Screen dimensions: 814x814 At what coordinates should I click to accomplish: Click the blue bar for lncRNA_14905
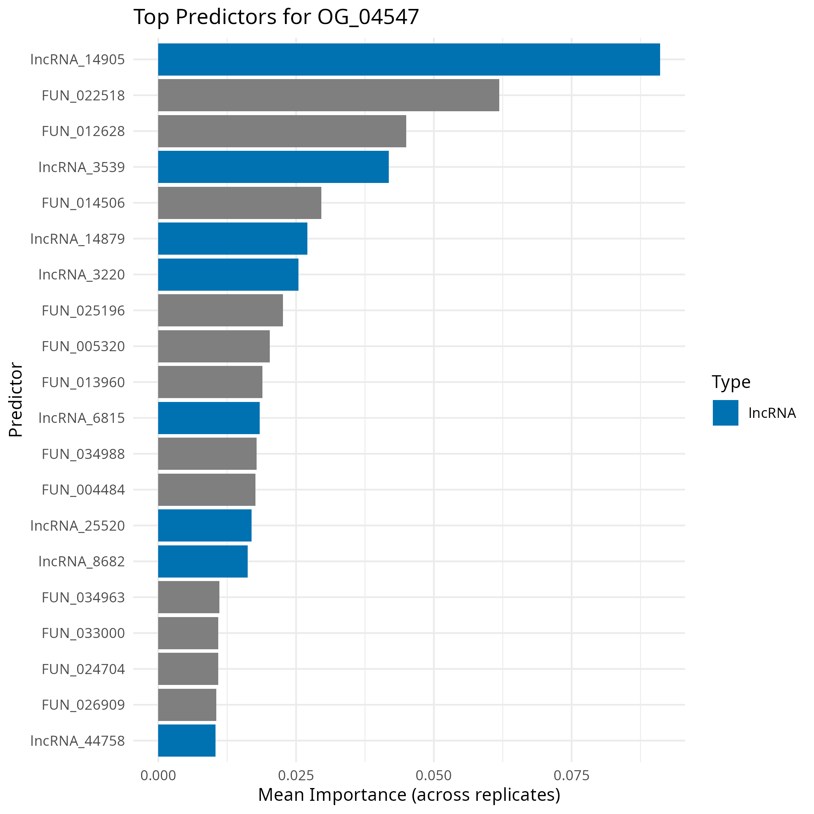click(x=409, y=59)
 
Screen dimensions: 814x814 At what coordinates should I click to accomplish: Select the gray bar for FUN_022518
click(x=329, y=95)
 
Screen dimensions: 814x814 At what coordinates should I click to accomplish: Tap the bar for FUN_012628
click(x=282, y=131)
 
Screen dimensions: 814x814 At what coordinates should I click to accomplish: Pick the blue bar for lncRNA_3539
click(x=273, y=167)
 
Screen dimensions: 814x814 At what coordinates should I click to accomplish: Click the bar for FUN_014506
click(x=239, y=203)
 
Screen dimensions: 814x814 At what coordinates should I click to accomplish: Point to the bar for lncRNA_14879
click(x=233, y=238)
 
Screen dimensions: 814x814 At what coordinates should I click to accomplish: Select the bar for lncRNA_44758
click(x=187, y=740)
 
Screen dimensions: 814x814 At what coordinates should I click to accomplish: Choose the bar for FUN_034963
click(x=188, y=597)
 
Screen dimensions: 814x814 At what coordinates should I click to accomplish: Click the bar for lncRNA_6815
click(x=209, y=418)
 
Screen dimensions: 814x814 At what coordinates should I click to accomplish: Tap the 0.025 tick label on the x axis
click(x=296, y=776)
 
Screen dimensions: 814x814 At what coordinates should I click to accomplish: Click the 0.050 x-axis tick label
click(x=433, y=776)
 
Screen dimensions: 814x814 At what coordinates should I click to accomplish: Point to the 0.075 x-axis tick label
click(x=571, y=776)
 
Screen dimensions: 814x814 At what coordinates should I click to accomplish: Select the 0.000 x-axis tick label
click(x=158, y=776)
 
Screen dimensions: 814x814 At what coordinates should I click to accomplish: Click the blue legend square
click(x=726, y=413)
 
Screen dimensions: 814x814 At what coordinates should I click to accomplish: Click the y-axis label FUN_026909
click(x=83, y=705)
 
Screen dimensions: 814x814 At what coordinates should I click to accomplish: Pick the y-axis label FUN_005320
click(x=83, y=346)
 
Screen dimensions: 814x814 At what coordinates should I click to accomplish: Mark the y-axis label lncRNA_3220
click(x=82, y=275)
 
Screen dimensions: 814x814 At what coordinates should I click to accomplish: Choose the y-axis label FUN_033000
click(x=83, y=633)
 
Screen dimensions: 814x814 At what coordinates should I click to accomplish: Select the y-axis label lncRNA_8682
click(x=82, y=562)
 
